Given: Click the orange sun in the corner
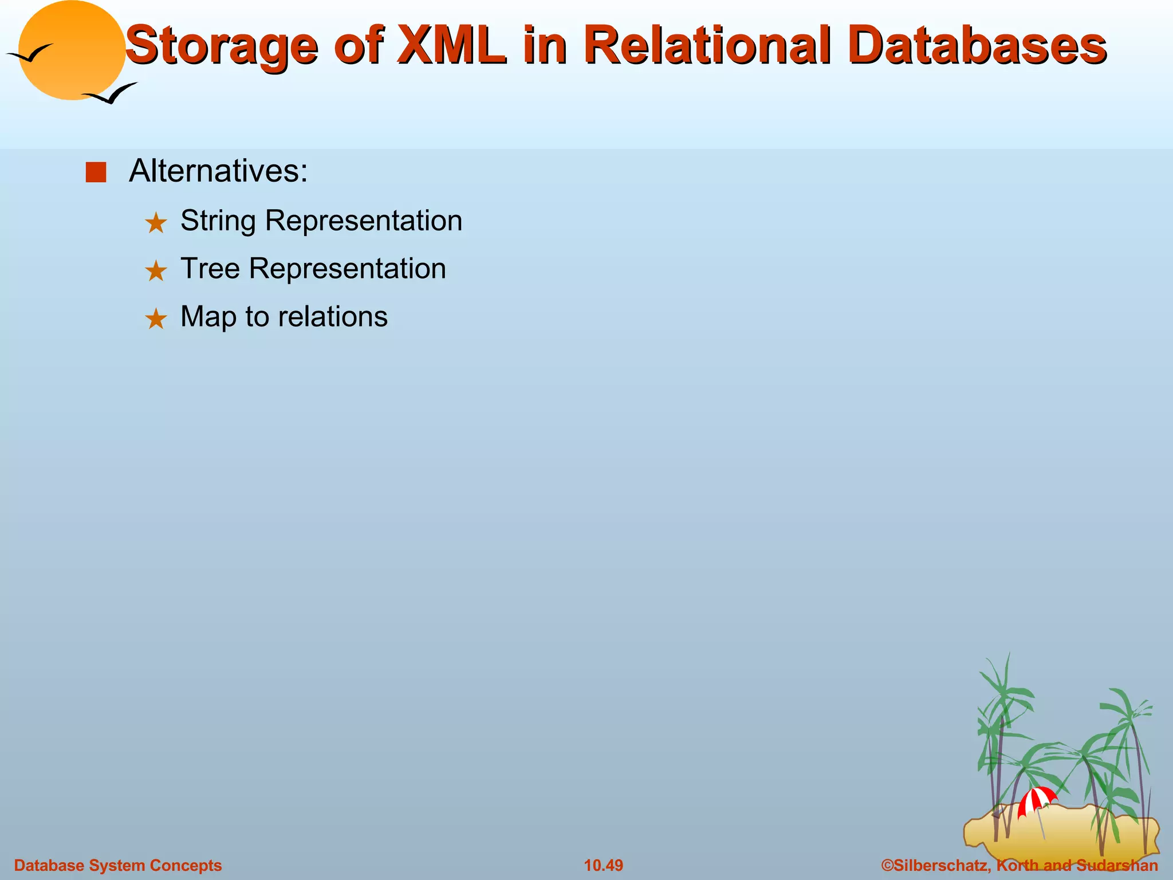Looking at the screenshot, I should (71, 52).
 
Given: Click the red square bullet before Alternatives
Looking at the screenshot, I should (96, 172).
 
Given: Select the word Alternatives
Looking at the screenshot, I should (218, 171).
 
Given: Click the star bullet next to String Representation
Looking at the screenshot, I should (156, 223).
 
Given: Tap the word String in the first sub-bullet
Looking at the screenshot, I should (218, 221).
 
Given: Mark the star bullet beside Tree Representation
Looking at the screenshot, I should (156, 271).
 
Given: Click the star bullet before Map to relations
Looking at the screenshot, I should (156, 319).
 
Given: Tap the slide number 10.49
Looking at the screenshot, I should (603, 865).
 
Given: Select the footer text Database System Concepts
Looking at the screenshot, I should (117, 865).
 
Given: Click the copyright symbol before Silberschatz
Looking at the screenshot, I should (887, 865).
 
